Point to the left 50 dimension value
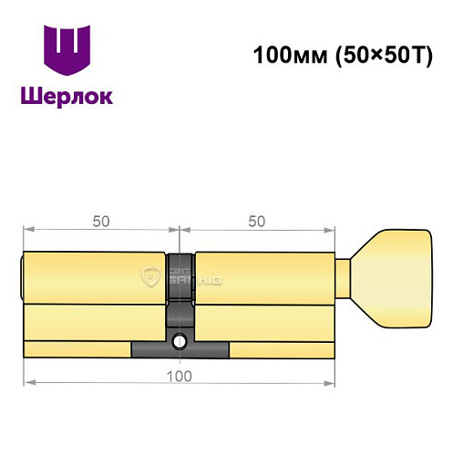(101, 221)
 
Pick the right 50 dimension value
(258, 221)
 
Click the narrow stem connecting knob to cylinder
(345, 276)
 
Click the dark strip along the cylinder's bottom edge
(180, 350)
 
